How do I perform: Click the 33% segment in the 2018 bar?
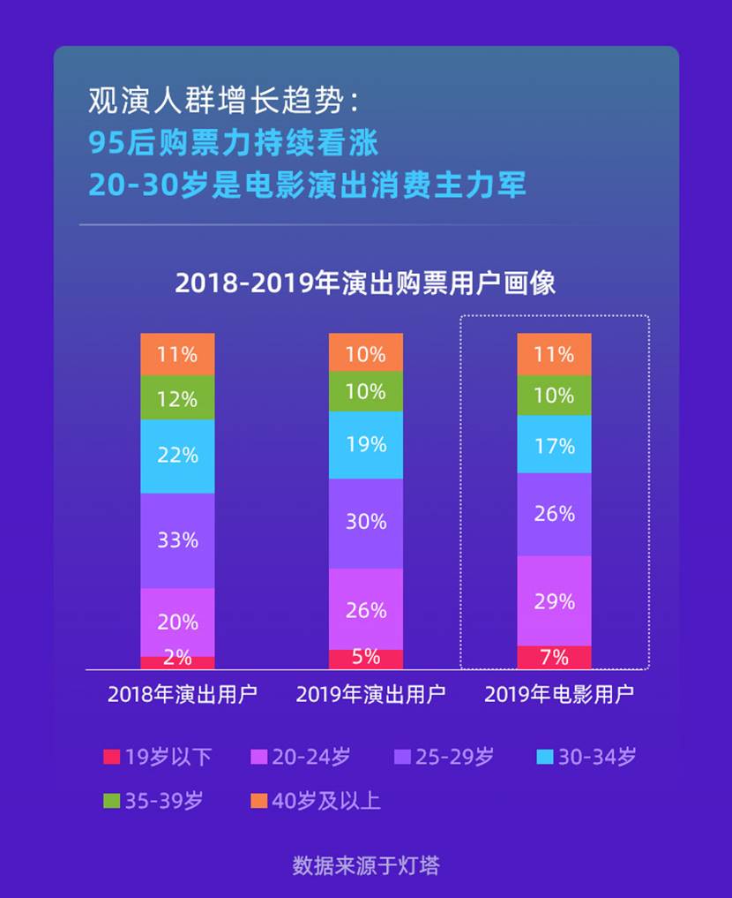pos(177,540)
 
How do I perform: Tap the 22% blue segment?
pos(177,456)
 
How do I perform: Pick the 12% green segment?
pos(177,398)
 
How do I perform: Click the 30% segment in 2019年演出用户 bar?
pos(366,523)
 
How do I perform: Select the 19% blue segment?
pos(366,445)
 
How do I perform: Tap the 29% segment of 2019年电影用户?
pos(554,601)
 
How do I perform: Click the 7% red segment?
pos(554,657)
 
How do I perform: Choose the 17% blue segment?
pos(554,445)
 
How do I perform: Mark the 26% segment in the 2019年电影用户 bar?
pos(554,514)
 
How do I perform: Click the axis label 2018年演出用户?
pos(183,694)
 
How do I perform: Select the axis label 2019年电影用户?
pos(559,694)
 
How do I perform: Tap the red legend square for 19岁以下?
pos(111,757)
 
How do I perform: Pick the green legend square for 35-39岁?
pos(111,801)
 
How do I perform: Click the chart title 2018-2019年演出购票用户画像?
pos(365,283)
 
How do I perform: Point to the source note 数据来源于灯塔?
pos(365,864)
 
